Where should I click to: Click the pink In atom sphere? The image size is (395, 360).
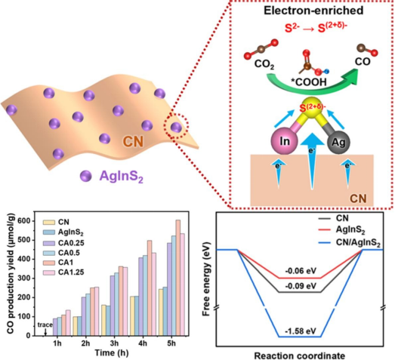pos(285,141)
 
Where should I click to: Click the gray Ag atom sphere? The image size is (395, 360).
pos(338,142)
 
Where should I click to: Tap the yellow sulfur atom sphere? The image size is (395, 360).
pos(312,108)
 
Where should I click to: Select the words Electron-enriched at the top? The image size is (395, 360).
pos(313,11)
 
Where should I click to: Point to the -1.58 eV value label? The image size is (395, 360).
pos(301,331)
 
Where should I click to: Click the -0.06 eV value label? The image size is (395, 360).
pos(301,271)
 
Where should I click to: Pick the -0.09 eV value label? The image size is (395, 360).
pos(301,286)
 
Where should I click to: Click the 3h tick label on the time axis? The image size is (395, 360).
pos(114,343)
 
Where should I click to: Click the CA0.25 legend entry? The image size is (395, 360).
pos(63,243)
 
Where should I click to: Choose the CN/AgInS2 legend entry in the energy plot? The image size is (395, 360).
pos(350,243)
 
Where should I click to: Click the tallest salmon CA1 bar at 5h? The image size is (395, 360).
pos(178,278)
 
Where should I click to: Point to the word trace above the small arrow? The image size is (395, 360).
pos(45,325)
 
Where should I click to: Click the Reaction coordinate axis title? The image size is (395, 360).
pos(300,355)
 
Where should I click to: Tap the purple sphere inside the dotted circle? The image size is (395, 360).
pos(176,127)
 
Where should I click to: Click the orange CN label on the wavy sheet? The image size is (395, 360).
pos(133,141)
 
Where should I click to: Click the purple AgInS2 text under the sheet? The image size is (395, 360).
pos(121,176)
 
